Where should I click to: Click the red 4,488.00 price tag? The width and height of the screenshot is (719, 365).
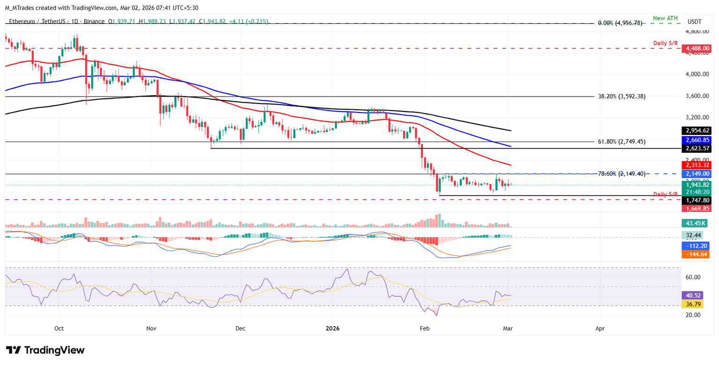(x=697, y=48)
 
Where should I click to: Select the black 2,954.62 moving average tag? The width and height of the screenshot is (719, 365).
(x=697, y=131)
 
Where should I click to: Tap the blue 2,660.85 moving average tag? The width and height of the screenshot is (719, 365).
(x=697, y=140)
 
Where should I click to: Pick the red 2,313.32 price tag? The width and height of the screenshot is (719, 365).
(x=697, y=165)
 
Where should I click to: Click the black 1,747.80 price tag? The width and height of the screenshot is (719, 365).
(x=697, y=200)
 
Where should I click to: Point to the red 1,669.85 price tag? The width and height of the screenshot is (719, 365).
(x=697, y=209)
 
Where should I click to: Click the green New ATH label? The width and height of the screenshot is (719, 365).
(x=666, y=18)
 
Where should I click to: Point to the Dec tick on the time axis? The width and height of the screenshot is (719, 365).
(x=240, y=328)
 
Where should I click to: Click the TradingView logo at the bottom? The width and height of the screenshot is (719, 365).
(x=45, y=350)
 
